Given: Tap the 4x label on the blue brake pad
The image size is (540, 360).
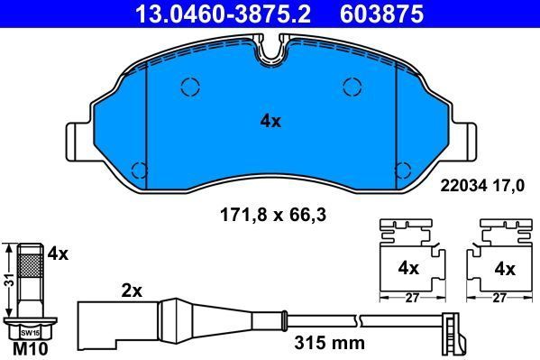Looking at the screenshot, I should pos(270,120).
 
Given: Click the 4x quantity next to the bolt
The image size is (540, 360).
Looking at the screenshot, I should pos(58,254).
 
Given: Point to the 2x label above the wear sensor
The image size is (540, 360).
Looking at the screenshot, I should pos(132,291).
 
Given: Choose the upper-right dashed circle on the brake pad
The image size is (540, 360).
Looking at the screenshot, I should pos(352,87).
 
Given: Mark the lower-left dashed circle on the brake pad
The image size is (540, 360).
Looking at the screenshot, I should pos(139,169).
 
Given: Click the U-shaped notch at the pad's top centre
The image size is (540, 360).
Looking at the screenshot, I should pos(270,54).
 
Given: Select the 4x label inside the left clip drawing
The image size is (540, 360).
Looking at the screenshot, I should pos(408,268).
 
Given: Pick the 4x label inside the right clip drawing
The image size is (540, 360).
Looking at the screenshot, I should pos(504,268).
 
